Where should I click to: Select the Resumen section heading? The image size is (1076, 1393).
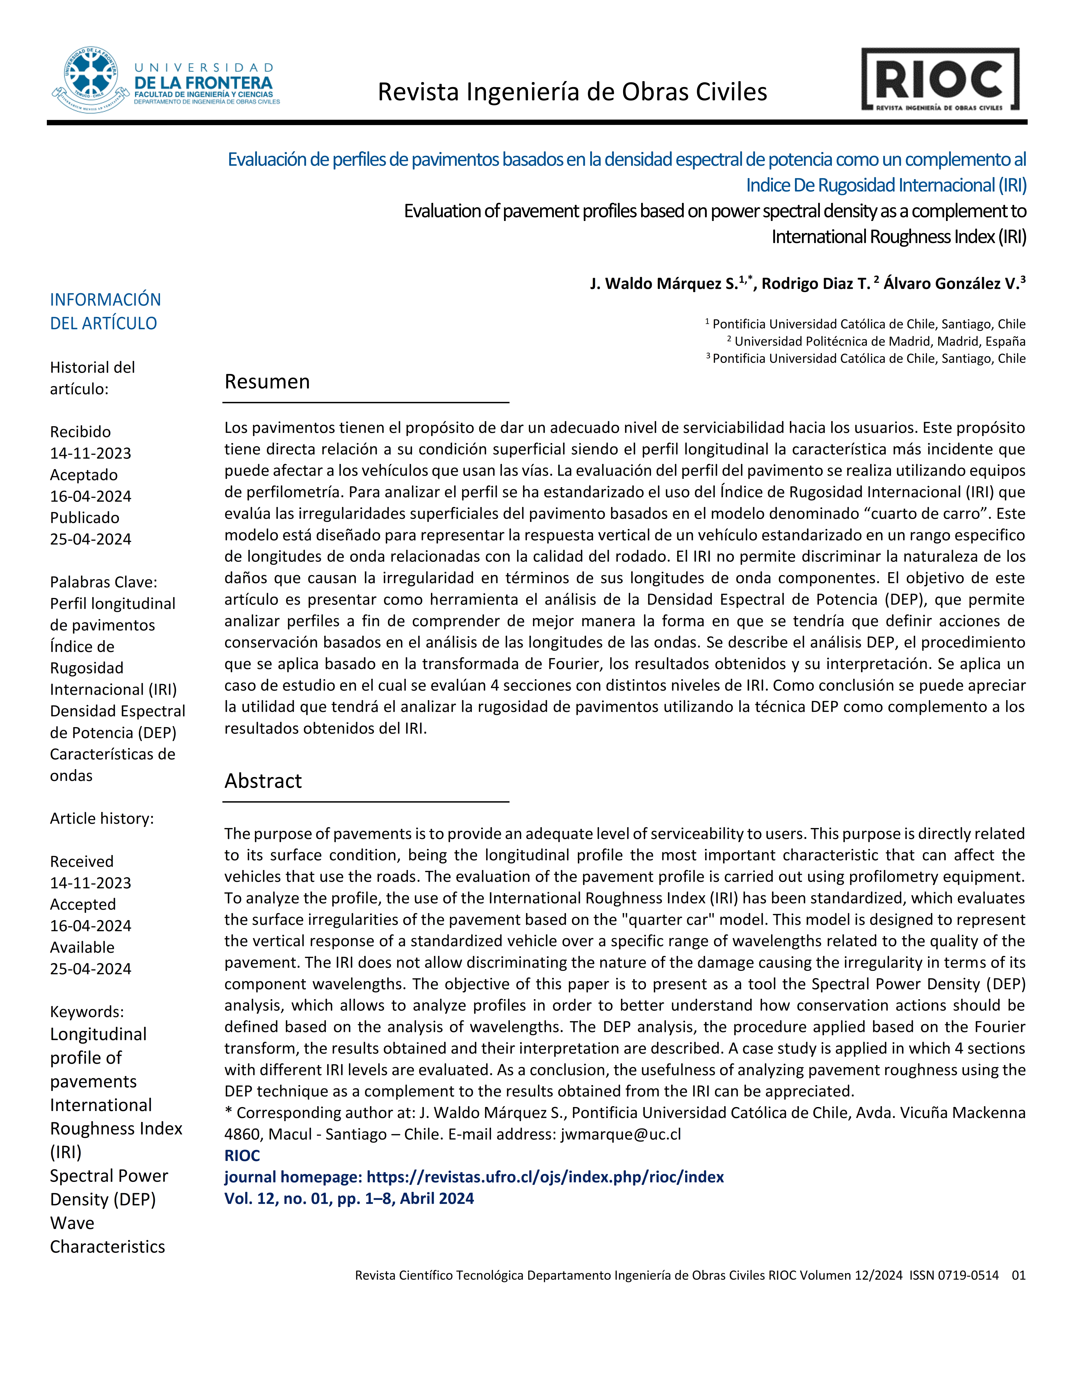pyautogui.click(x=267, y=381)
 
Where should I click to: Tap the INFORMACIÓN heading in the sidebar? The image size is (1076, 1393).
pyautogui.click(x=105, y=300)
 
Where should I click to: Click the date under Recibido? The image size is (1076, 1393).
pyautogui.click(x=91, y=454)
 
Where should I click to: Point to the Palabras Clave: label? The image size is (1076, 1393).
pyautogui.click(x=103, y=582)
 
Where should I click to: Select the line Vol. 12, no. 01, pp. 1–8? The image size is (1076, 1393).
pyautogui.click(x=349, y=1198)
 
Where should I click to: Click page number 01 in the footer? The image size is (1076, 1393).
pyautogui.click(x=1018, y=1275)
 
